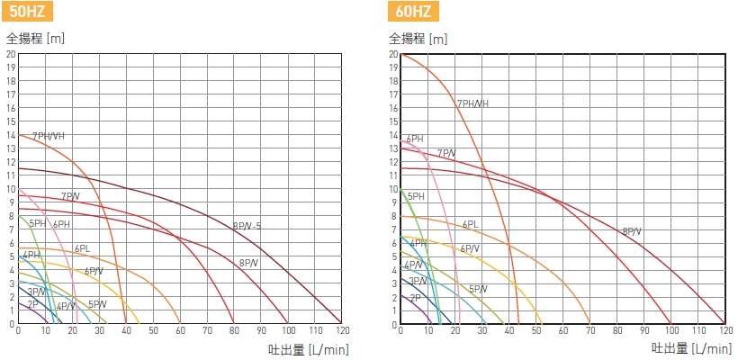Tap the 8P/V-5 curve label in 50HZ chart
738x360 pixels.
click(247, 226)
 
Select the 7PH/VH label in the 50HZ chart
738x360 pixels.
click(49, 136)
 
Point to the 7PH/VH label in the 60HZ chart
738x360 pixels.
click(473, 103)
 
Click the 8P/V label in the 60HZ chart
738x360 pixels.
click(632, 231)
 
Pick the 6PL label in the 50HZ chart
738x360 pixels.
click(82, 248)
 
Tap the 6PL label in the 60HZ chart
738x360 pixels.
click(470, 224)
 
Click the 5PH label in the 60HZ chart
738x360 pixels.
click(416, 196)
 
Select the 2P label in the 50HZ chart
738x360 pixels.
click(31, 304)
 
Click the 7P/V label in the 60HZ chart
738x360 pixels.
click(446, 153)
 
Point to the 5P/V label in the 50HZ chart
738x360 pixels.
click(97, 304)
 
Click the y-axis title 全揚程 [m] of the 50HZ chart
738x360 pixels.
click(35, 40)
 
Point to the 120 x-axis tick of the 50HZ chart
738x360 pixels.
click(341, 332)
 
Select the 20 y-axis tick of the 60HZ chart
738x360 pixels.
click(393, 54)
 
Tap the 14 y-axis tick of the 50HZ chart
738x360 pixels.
click(11, 135)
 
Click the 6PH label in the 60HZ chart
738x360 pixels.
click(414, 139)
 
